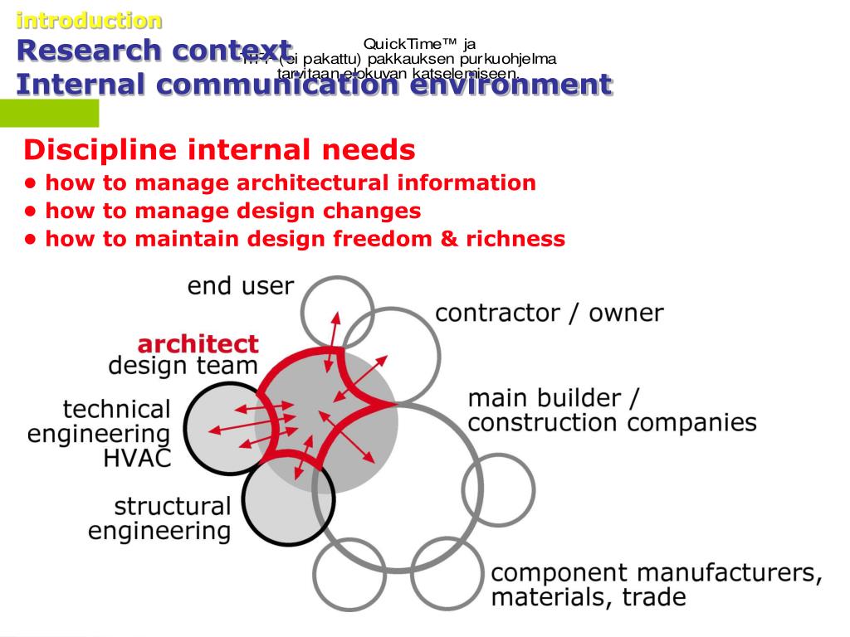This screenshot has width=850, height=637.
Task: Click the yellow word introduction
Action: point(90,20)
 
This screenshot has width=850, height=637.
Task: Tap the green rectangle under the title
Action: point(49,113)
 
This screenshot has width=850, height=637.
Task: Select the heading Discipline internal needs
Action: point(219,150)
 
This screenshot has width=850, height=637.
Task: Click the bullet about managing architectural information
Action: point(290,183)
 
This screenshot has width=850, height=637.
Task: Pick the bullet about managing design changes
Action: point(232,211)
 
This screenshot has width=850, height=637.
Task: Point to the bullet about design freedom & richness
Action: point(305,239)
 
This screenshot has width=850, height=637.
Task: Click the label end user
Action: point(240,287)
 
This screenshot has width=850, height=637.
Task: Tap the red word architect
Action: point(198,343)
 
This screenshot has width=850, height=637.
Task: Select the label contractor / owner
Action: point(550,314)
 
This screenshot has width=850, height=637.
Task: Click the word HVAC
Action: point(137,459)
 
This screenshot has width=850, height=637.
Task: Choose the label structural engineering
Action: point(159,518)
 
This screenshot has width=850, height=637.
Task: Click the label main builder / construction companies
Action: point(612,411)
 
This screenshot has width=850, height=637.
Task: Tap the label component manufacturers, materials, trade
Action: point(656,585)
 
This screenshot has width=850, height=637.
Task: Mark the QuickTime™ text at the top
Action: point(419,44)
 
